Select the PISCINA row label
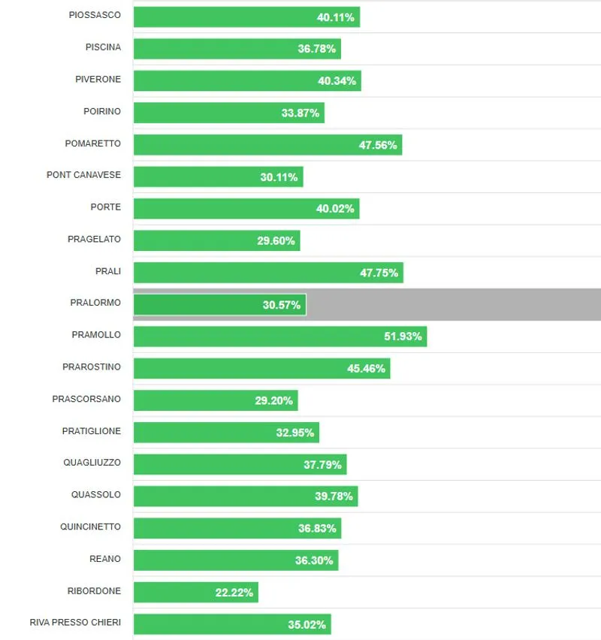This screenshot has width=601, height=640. [x=103, y=47]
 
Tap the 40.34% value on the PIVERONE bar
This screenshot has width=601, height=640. [x=337, y=81]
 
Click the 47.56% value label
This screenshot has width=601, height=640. [x=378, y=145]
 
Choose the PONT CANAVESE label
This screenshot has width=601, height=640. [x=83, y=175]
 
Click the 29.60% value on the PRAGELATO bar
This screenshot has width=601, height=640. [x=276, y=240]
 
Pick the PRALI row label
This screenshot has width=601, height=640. [x=108, y=271]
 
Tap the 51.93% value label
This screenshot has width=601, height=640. [x=403, y=337]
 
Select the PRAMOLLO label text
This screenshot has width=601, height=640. [x=96, y=335]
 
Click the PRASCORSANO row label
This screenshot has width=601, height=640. [x=86, y=399]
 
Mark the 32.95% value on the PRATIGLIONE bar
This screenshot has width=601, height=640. [x=295, y=432]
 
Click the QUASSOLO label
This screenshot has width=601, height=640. [x=95, y=494]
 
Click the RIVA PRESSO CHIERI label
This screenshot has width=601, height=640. [x=75, y=623]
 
